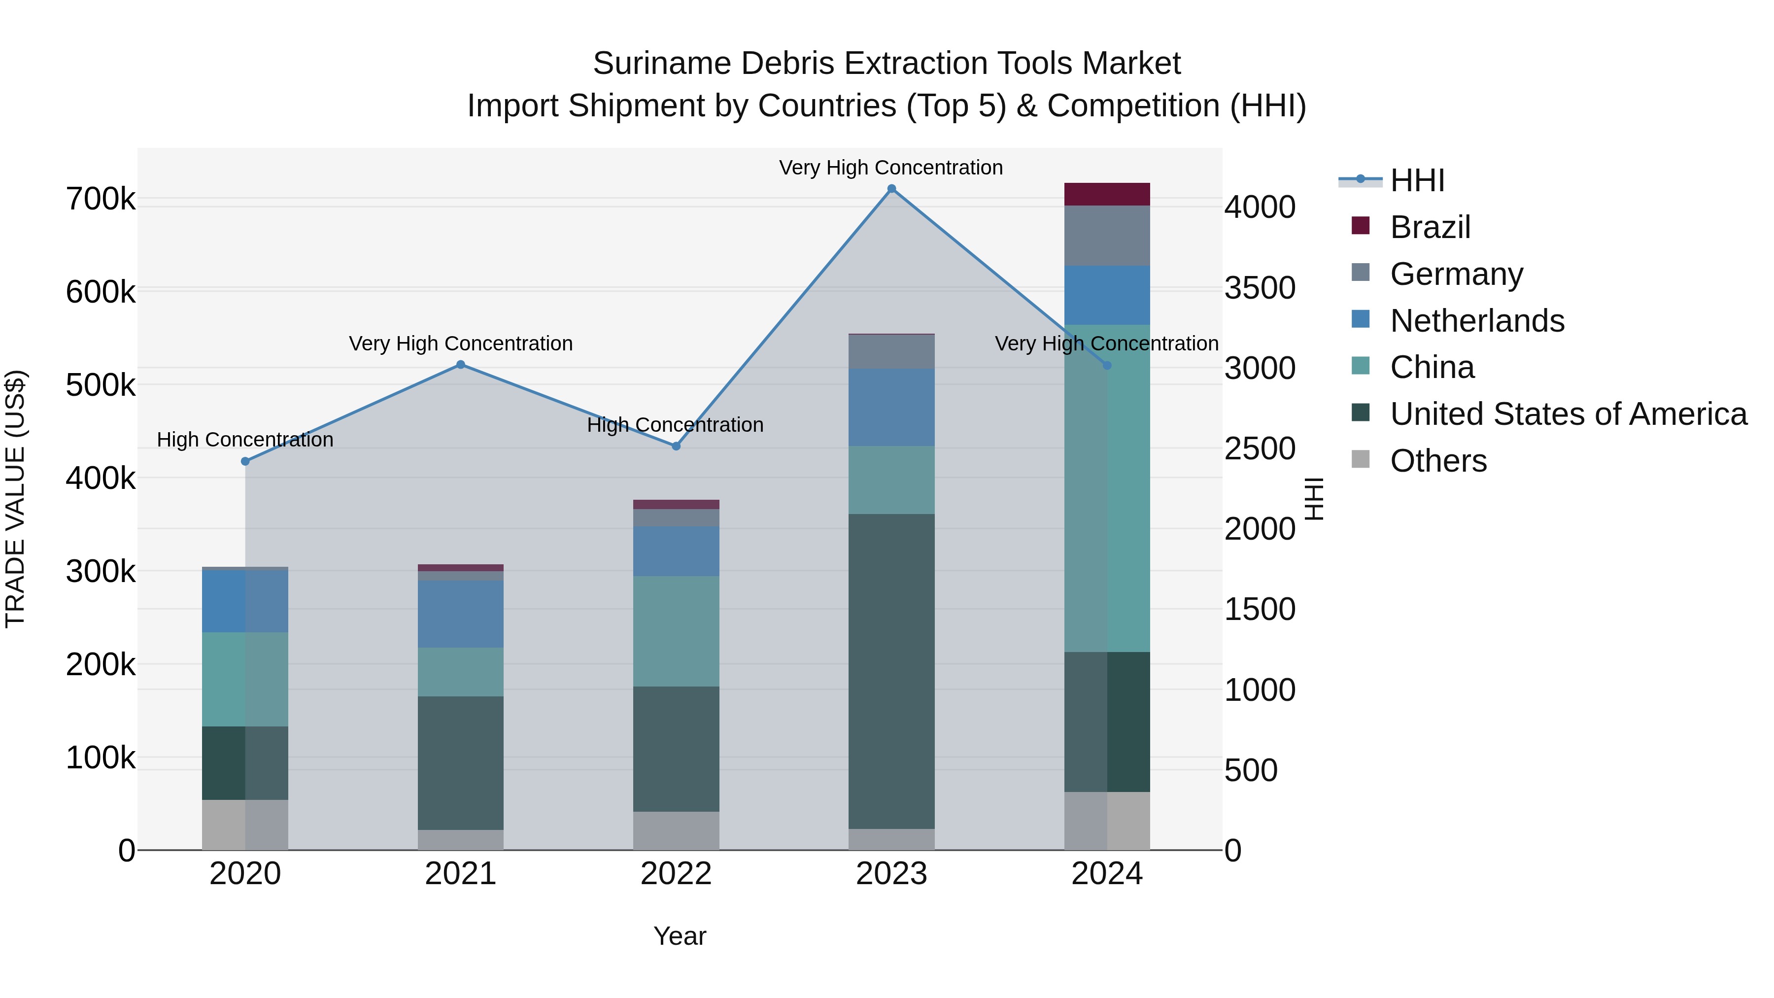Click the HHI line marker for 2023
click(x=891, y=189)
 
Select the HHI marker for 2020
click(x=245, y=461)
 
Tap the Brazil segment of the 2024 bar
click(x=1107, y=194)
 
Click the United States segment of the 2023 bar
click(x=891, y=672)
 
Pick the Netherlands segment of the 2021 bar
click(x=461, y=614)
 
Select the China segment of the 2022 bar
click(x=676, y=631)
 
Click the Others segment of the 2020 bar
click(x=245, y=825)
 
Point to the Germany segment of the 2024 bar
click(x=1107, y=236)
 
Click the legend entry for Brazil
click(x=1430, y=227)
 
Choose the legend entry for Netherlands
click(x=1476, y=321)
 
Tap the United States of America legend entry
click(x=1568, y=414)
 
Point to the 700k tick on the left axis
click(x=101, y=200)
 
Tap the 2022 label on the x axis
click(x=676, y=874)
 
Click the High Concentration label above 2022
click(x=675, y=425)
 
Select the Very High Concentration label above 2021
click(x=461, y=343)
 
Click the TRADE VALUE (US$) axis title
click(x=15, y=499)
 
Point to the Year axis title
click(x=679, y=936)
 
